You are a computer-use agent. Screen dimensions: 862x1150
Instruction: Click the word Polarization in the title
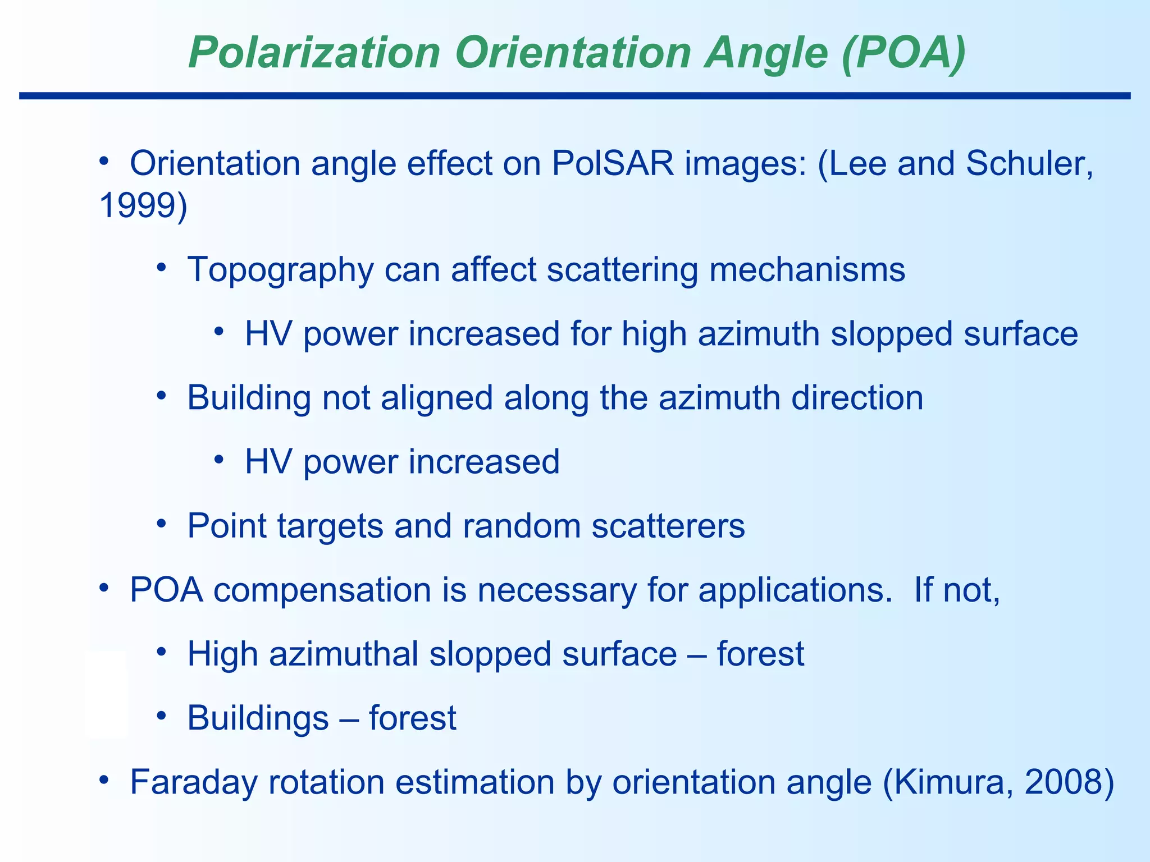pos(313,53)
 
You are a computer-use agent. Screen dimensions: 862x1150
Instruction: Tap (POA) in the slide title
pos(903,53)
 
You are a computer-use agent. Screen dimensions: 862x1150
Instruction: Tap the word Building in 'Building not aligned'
pos(249,398)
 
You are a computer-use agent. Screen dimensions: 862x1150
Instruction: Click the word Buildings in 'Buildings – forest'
pos(258,718)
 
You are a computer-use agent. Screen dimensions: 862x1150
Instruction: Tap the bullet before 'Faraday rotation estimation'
pos(104,781)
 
